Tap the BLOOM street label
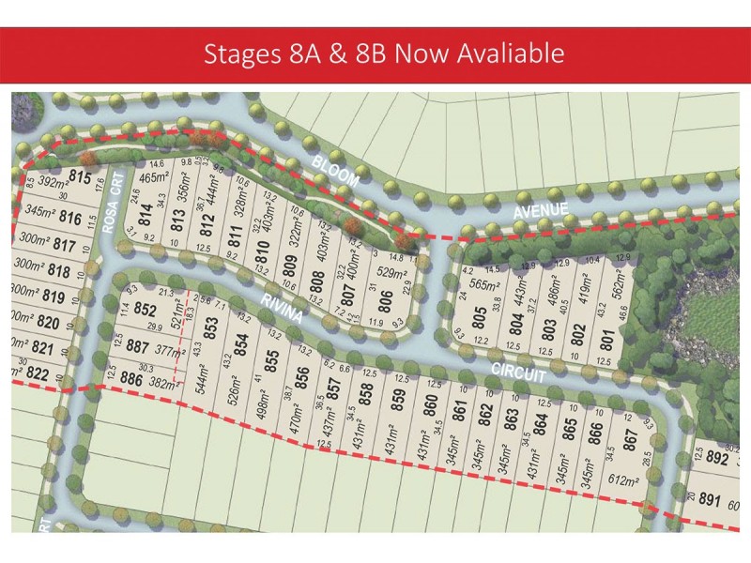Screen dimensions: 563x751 coord(335,172)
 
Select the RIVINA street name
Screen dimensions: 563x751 coord(282,308)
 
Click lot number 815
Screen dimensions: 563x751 coord(80,177)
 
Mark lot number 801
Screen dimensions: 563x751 coord(606,334)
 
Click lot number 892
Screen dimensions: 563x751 coord(716,460)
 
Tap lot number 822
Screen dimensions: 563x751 coord(38,373)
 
